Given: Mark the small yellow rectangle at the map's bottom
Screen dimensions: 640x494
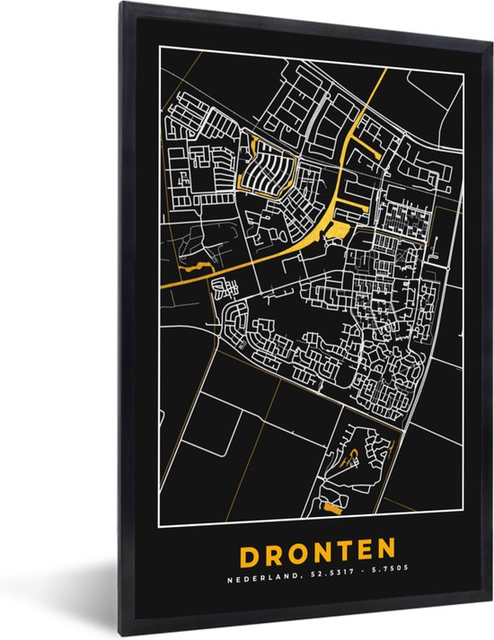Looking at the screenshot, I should (331, 508).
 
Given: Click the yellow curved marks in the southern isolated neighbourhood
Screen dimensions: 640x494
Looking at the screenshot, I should (357, 457).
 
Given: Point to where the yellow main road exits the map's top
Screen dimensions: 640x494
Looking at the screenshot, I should (385, 71).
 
